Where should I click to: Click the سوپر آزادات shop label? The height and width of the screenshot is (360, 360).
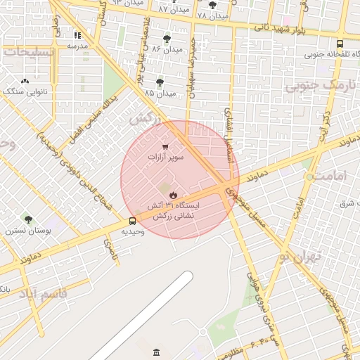(x=165, y=157)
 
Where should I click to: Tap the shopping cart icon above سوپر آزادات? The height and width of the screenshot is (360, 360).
(x=165, y=147)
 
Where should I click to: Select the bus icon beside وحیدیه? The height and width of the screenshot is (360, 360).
(x=133, y=221)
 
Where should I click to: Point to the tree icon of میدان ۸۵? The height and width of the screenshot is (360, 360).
(x=160, y=82)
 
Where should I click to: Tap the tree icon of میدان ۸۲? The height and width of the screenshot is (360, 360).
(x=167, y=39)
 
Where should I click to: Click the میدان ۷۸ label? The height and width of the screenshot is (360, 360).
(x=212, y=15)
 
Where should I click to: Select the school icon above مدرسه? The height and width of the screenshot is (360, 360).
(x=77, y=34)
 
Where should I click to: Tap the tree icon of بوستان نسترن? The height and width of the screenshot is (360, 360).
(x=28, y=219)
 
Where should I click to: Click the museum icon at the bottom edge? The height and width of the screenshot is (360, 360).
(x=155, y=351)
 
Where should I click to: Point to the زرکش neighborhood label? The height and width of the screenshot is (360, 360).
(x=143, y=117)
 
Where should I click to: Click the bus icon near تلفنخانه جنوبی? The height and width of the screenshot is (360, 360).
(x=340, y=43)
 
